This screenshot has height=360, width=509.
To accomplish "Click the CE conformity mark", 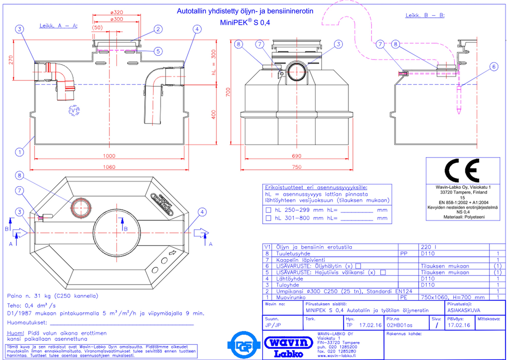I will tap(462, 170).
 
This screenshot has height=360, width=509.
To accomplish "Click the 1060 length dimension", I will tap(109, 167).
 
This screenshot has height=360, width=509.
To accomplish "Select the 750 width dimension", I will tap(297, 167).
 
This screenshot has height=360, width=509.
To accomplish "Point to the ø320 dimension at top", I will tap(117, 12).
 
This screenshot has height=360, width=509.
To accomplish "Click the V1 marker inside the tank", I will tap(74, 111).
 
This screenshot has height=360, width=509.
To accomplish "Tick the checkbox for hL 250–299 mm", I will tap(269, 210).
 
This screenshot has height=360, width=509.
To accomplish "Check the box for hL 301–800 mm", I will tap(269, 218).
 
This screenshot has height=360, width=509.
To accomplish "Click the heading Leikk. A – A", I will tap(58, 26).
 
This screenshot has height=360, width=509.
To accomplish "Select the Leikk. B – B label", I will tap(425, 15).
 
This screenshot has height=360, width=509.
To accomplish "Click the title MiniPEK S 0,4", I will tap(245, 23).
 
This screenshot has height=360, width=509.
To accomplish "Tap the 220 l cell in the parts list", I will tap(428, 247).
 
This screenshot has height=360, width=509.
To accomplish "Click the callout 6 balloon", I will tap(494, 66).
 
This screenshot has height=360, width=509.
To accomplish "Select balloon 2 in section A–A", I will tap(158, 29).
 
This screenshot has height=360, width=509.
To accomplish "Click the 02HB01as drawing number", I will tap(399, 325).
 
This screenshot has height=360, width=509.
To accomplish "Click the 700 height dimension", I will tap(228, 92).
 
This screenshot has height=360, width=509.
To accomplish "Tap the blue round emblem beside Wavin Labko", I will tap(244, 345).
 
